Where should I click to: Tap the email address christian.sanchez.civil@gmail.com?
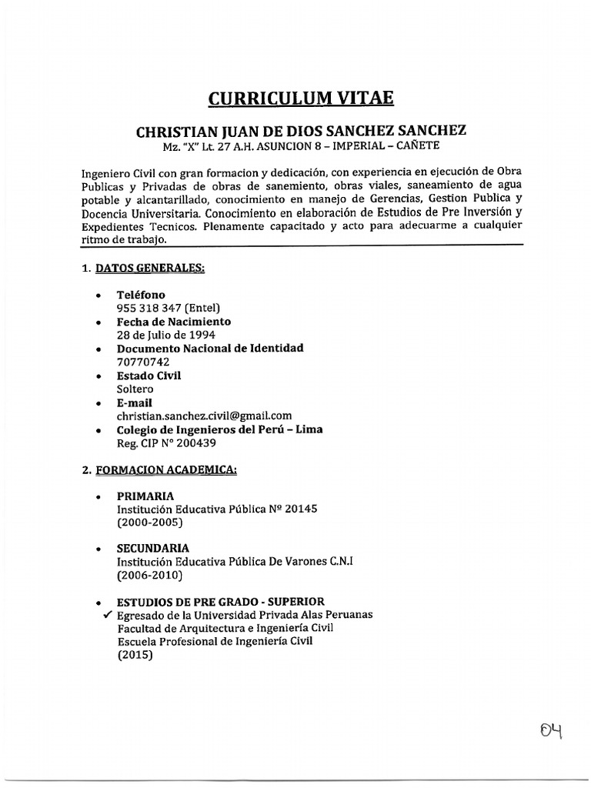[x=204, y=416]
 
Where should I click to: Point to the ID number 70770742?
[x=143, y=362]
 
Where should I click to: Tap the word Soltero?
[x=135, y=389]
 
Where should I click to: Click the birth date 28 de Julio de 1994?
[x=165, y=335]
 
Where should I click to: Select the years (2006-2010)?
[x=150, y=575]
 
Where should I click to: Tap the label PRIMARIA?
[x=145, y=496]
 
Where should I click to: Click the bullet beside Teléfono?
[x=98, y=295]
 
